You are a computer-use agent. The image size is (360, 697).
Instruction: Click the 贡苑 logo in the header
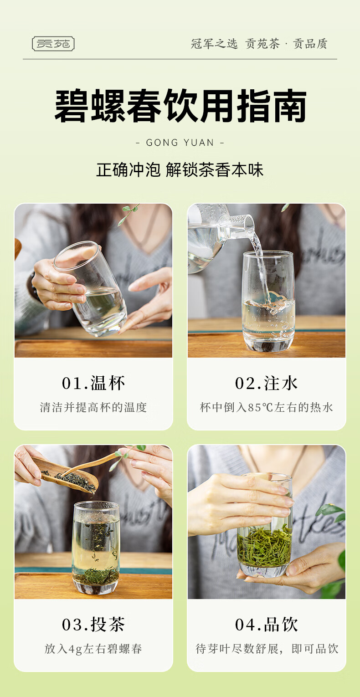click(53, 44)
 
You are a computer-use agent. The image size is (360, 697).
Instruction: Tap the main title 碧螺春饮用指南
click(180, 106)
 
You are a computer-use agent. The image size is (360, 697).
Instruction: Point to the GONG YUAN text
click(180, 143)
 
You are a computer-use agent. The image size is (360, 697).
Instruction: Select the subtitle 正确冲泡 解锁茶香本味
click(180, 170)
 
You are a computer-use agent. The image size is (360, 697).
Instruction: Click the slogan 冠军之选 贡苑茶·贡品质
click(259, 44)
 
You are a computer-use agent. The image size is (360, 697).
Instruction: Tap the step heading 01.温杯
click(93, 383)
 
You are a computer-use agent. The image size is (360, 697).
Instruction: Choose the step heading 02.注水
click(266, 383)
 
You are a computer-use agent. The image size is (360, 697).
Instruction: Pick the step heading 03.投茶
click(93, 625)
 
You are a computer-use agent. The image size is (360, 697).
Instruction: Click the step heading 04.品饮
click(266, 625)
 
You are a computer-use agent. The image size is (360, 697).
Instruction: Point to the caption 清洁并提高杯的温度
click(93, 407)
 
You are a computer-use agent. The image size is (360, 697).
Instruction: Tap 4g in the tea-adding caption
click(75, 649)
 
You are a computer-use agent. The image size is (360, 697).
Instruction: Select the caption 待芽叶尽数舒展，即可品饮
click(267, 649)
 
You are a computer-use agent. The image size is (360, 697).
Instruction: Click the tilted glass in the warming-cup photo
click(91, 289)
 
